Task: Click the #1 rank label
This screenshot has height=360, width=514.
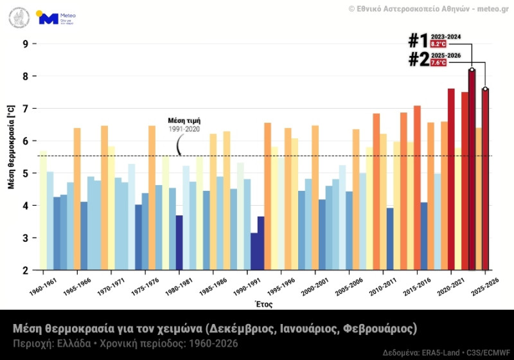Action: (418, 40)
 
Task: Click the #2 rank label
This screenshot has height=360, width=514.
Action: (418, 59)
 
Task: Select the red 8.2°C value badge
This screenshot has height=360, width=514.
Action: (438, 44)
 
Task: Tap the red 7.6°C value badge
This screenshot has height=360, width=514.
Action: (438, 63)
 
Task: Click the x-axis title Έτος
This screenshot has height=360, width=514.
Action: (264, 303)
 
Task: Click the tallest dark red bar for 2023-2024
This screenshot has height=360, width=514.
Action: (472, 170)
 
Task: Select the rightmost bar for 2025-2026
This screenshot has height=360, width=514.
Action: (485, 180)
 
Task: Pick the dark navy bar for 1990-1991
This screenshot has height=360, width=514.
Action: (254, 251)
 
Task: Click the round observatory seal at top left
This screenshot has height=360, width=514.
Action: (19, 17)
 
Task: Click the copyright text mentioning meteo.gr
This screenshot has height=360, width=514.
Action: (430, 8)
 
